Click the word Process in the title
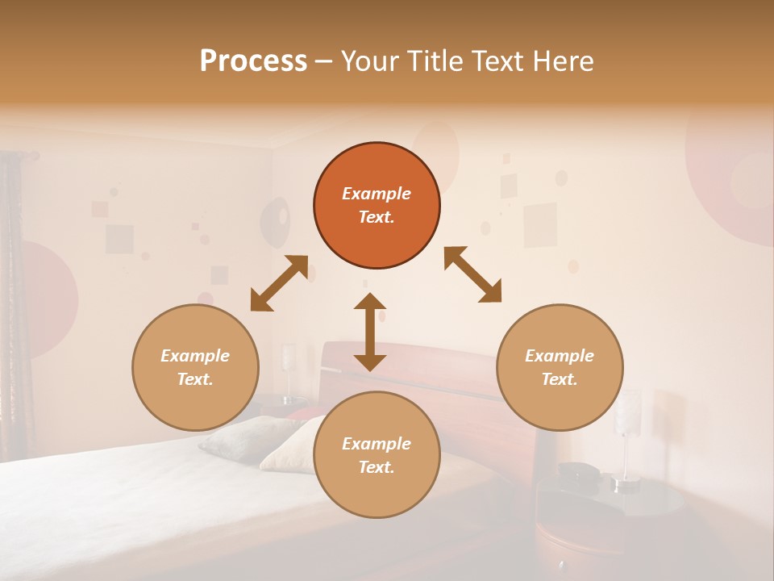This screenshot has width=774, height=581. [253, 61]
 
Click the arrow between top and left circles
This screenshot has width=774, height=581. [279, 283]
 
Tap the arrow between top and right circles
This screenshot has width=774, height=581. [472, 274]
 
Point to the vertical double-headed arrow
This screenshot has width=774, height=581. [370, 332]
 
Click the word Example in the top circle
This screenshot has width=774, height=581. [377, 194]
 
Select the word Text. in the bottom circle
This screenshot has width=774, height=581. [377, 467]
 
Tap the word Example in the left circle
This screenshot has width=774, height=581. [195, 356]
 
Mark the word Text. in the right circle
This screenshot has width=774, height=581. [560, 379]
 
